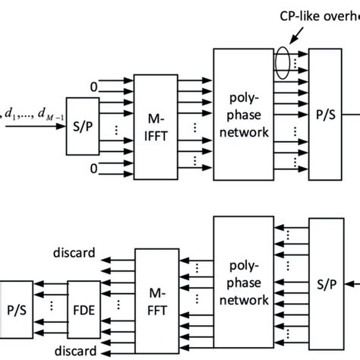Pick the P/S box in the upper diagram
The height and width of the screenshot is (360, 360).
(325, 114)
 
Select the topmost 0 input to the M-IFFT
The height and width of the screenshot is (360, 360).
(93, 87)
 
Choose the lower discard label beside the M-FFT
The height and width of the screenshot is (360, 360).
(74, 350)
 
